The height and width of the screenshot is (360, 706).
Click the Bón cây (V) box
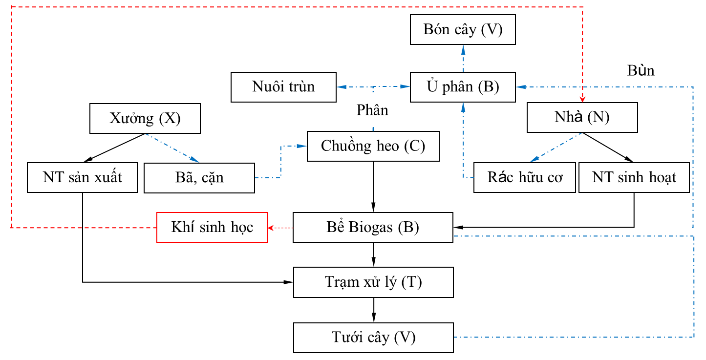(x=463, y=30)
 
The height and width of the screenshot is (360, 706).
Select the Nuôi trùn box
(x=283, y=87)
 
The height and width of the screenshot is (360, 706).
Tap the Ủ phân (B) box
(x=463, y=87)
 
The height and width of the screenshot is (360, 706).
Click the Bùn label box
(x=641, y=71)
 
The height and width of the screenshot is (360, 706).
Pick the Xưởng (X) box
(x=145, y=118)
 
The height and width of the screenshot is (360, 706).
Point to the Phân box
(x=372, y=110)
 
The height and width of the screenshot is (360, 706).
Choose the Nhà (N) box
(x=582, y=117)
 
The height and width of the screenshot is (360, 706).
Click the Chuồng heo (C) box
(x=373, y=146)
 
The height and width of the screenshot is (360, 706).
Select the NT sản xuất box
(x=82, y=177)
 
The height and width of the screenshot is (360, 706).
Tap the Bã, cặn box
(x=199, y=177)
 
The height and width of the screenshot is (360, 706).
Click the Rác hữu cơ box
(x=524, y=177)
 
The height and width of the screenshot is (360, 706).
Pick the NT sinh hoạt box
(x=634, y=177)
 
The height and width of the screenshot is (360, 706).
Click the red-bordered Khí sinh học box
(x=212, y=227)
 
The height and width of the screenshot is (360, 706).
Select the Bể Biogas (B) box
(x=373, y=227)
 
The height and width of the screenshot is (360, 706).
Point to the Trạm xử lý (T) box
(x=373, y=282)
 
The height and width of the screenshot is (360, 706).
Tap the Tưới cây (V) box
(x=373, y=338)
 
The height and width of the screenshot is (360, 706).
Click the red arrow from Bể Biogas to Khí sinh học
(x=280, y=228)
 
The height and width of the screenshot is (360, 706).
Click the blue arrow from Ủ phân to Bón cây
(x=463, y=58)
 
